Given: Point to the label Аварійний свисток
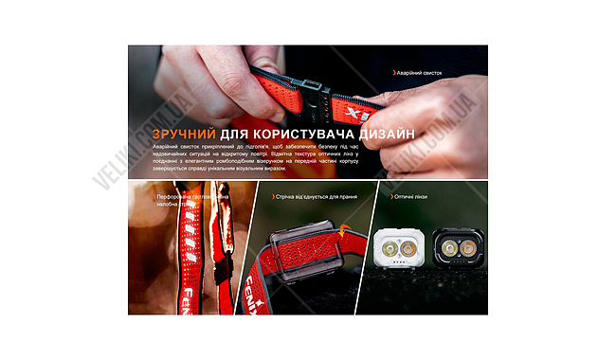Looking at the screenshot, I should tap(419, 72).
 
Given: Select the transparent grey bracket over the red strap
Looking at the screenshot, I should tap(303, 250).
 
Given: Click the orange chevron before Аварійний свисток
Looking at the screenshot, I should tap(394, 72).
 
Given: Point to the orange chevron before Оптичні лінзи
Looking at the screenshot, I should tap(392, 197).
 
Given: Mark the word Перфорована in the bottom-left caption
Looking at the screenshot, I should tap(176, 197).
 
